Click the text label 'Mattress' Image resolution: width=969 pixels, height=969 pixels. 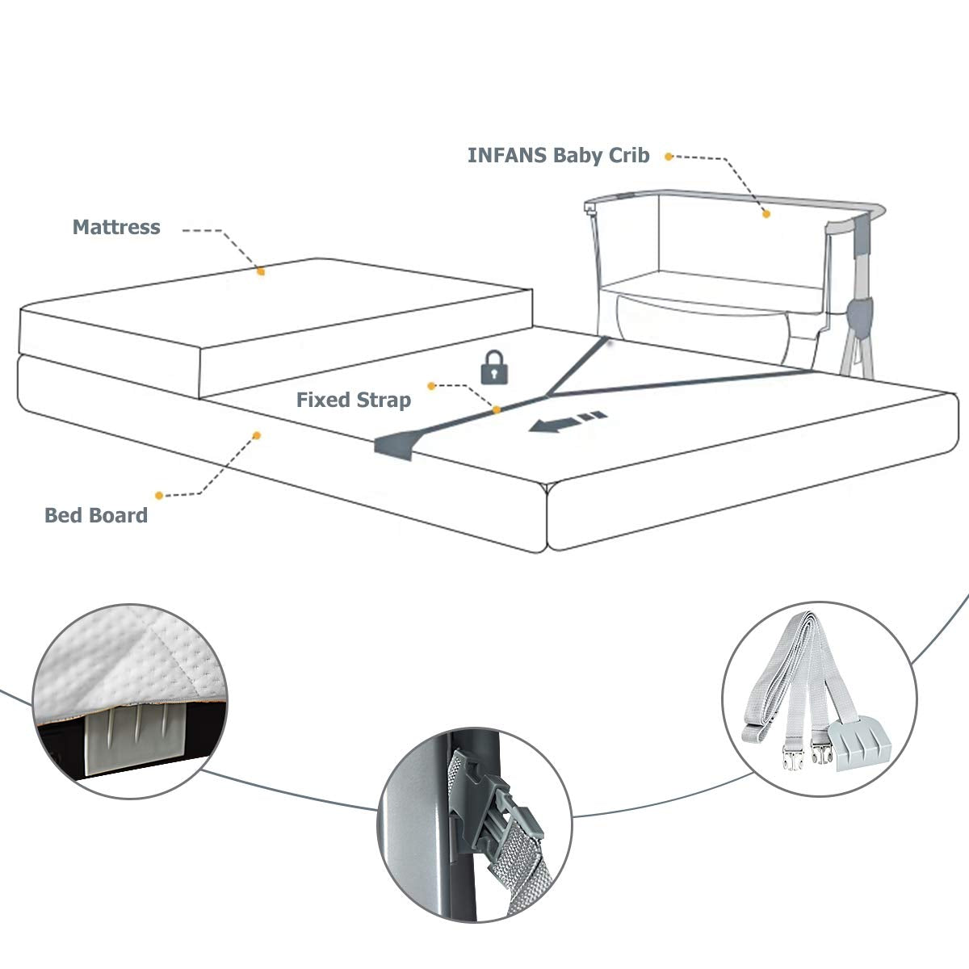[116, 227]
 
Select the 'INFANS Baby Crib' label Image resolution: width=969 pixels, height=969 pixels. [558, 155]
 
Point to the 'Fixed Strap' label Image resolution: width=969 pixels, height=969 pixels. [353, 400]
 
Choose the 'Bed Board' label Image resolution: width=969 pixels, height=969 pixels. [96, 515]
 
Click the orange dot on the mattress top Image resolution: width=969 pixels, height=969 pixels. [261, 272]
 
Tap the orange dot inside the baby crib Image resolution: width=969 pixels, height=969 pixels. [766, 214]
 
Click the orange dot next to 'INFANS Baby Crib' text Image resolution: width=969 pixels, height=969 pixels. [669, 157]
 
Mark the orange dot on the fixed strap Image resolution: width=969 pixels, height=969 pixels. [497, 409]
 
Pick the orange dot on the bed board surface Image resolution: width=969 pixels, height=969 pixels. [257, 435]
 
